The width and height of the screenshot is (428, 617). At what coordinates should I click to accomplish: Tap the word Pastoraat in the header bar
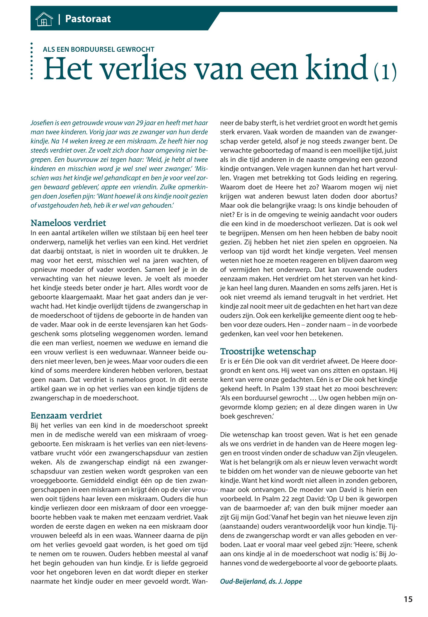click(x=88, y=19)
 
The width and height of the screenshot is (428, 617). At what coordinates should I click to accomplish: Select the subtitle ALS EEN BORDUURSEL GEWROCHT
click(x=98, y=49)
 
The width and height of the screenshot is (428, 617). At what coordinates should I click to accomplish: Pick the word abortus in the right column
click(x=382, y=196)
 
